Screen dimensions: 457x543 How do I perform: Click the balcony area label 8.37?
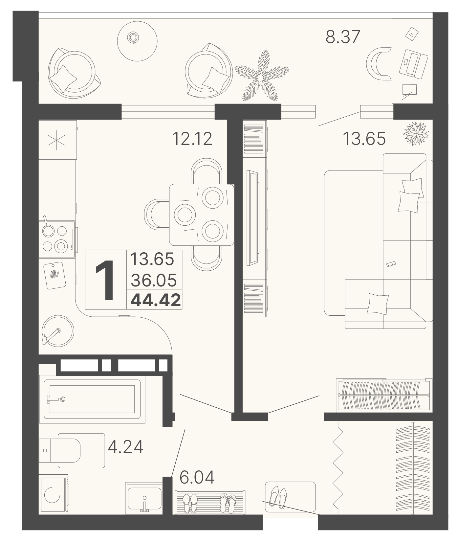[343, 36]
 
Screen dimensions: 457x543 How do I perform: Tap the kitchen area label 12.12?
[192, 139]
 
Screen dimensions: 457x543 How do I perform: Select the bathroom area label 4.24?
[125, 447]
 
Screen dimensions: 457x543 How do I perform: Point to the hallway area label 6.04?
[197, 477]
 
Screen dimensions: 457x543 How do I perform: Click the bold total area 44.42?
[156, 300]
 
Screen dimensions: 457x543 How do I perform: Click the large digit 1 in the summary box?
[105, 280]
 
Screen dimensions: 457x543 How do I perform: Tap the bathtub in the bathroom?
[92, 399]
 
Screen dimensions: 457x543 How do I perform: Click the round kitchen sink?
[58, 330]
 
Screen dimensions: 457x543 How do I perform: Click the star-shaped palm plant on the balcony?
[261, 76]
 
